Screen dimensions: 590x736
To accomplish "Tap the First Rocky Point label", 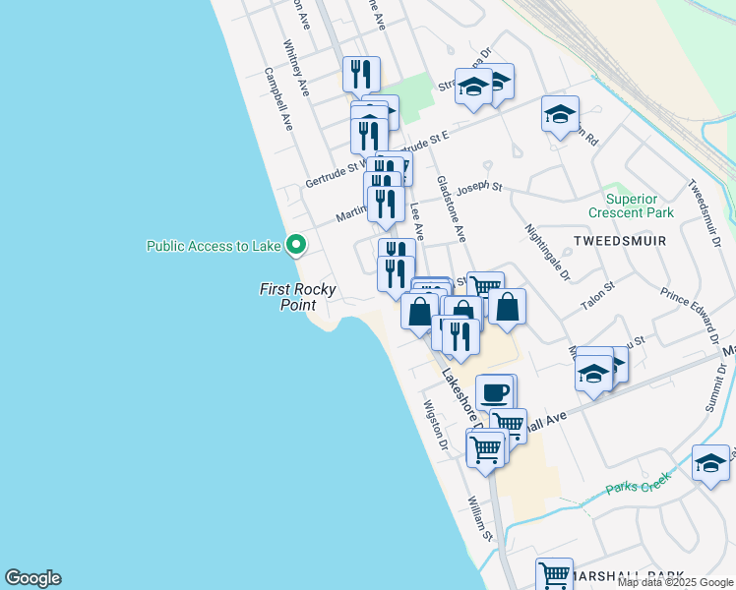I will tap(297, 297).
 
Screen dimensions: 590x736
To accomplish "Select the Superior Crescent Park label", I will tap(644, 205).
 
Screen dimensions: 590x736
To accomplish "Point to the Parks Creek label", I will tap(638, 484).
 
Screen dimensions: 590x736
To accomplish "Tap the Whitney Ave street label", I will tap(296, 68).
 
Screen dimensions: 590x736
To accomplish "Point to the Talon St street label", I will tap(597, 297).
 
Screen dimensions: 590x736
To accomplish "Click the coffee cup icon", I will tap(495, 392).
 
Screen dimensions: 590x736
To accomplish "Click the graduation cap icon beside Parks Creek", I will tap(710, 463).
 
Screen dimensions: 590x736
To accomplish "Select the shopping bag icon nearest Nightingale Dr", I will tap(507, 306).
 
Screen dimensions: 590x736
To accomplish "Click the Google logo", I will tap(32, 578).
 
